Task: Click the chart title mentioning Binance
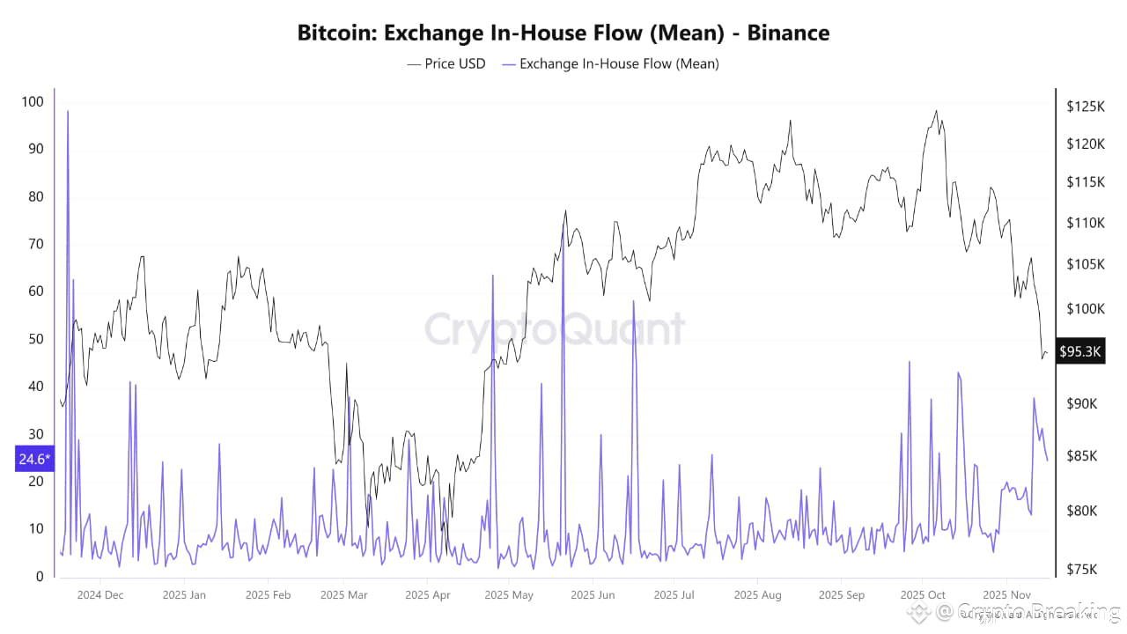[563, 33]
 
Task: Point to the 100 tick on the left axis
[33, 102]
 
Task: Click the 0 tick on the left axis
[39, 577]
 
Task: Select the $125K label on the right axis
[1086, 107]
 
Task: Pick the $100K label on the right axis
[1086, 308]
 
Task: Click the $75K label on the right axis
[1083, 569]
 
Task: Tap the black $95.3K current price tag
[1080, 351]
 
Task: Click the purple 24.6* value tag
[34, 459]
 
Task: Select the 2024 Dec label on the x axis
[100, 594]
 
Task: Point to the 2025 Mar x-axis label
[343, 594]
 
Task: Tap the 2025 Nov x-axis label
[1007, 594]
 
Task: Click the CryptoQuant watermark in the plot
[555, 329]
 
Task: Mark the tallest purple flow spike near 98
[68, 112]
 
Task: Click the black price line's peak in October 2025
[936, 111]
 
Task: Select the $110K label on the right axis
[1086, 223]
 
